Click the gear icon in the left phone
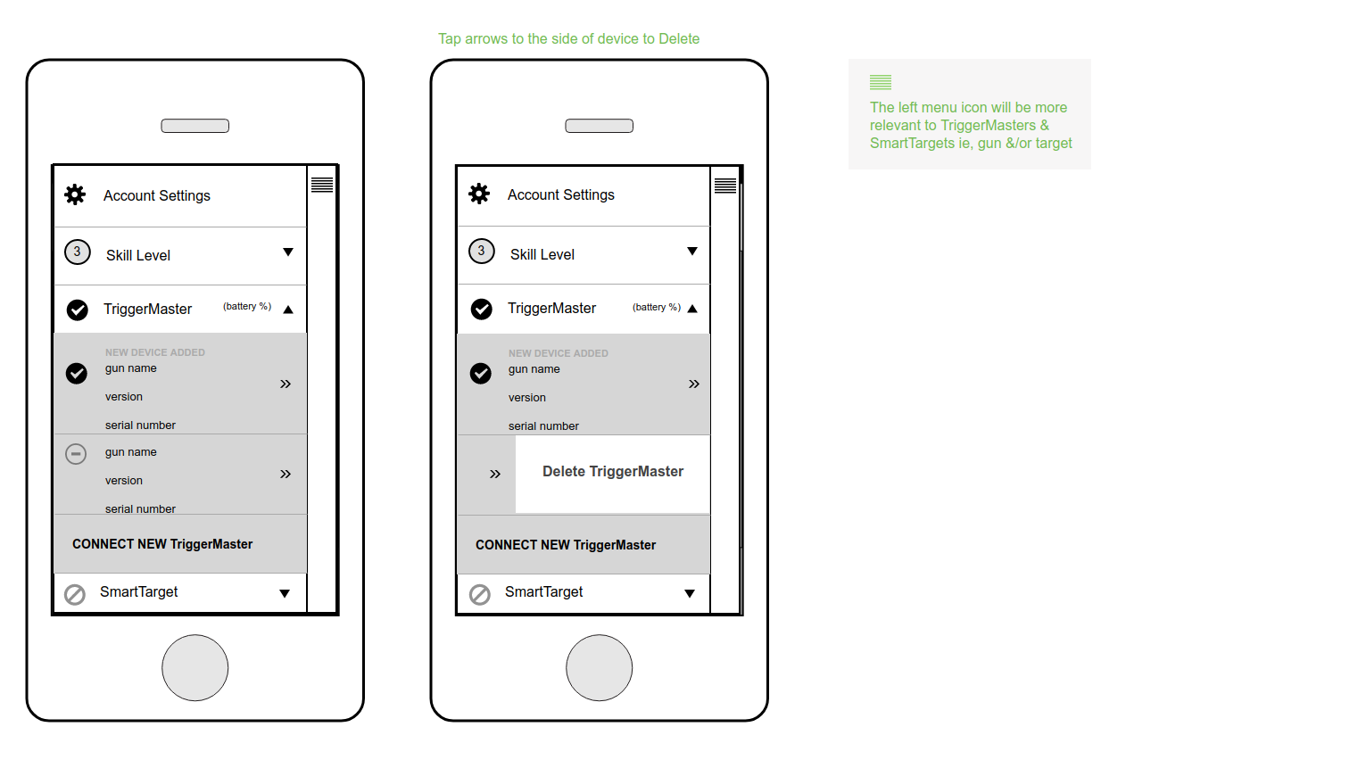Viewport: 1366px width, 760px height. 75,195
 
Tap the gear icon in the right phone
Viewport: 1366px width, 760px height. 479,194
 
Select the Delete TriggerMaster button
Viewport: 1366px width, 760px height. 613,472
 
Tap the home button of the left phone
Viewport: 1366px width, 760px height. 195,668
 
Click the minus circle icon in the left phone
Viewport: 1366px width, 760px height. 76,454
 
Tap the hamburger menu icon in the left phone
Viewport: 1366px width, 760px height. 322,185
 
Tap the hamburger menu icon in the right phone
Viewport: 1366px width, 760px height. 725,186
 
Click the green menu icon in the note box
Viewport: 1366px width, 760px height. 881,82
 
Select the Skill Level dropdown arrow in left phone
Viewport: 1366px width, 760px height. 288,252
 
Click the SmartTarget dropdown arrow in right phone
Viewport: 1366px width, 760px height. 690,593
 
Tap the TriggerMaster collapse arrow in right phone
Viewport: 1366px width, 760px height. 692,309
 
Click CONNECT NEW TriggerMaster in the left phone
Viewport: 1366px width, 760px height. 162,544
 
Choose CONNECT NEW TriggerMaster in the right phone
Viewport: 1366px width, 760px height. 566,545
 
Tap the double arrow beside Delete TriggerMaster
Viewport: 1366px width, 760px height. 495,475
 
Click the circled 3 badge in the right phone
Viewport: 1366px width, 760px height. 482,251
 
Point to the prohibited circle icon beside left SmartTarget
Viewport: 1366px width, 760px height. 75,595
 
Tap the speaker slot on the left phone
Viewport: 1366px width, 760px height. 195,126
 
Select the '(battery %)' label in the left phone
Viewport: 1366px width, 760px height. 247,307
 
